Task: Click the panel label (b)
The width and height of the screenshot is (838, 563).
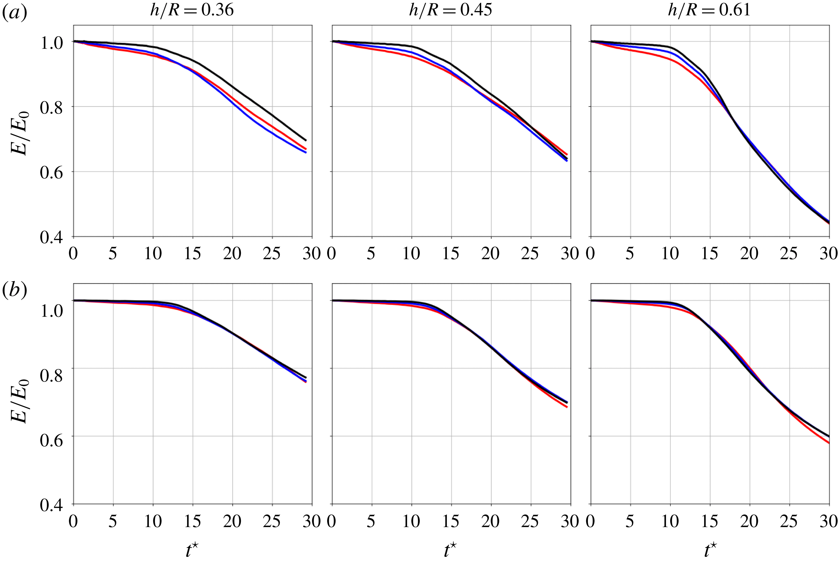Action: point(14,290)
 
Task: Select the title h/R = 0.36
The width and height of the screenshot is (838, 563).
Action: point(192,10)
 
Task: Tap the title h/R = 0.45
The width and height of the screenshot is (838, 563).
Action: point(451,10)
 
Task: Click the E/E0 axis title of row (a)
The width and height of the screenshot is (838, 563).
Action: point(20,134)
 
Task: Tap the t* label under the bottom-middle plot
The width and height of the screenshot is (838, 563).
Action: point(451,550)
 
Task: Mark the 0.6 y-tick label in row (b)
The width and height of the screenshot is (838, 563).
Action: point(51,440)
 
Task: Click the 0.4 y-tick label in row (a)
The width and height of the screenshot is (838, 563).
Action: point(51,238)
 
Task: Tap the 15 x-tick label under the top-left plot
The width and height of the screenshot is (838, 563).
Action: point(192,253)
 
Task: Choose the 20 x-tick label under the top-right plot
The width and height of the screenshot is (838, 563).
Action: point(749,253)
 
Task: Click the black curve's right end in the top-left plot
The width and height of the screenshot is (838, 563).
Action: point(306,140)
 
